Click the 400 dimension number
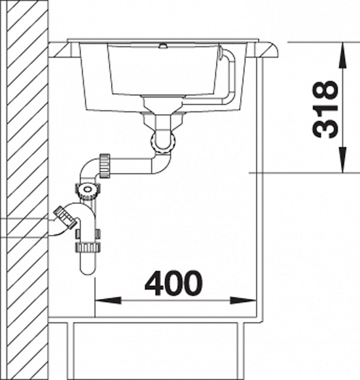[x=173, y=283]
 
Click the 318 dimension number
[x=325, y=110]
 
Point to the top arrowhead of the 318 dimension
[x=342, y=55]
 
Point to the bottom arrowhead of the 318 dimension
[x=342, y=160]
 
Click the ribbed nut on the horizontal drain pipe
[x=105, y=166]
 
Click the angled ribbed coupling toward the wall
[x=66, y=217]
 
